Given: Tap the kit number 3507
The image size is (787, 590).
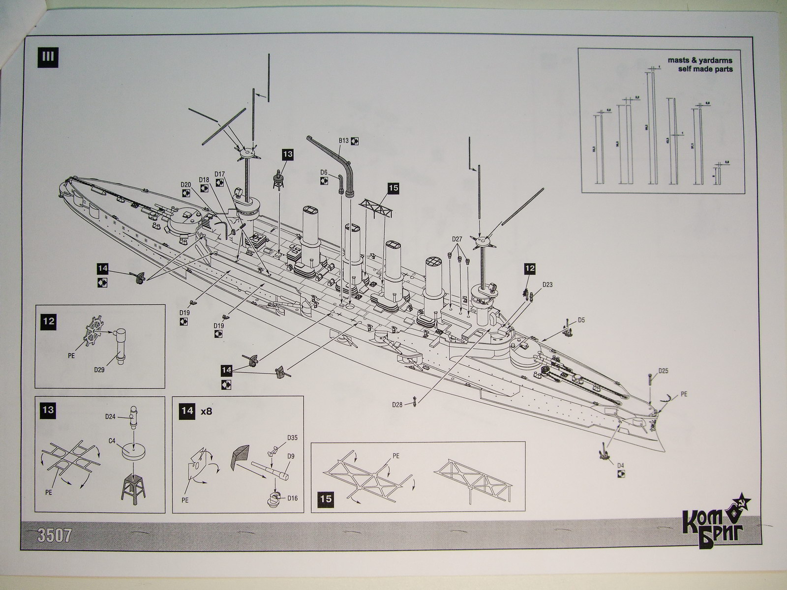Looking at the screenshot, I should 55,534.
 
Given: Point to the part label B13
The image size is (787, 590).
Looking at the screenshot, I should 343,141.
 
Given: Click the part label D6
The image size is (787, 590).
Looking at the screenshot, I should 324,172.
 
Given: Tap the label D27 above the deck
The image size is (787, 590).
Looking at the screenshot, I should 457,239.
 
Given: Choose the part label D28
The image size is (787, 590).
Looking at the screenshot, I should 397,404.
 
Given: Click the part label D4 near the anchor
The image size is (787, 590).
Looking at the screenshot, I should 621,465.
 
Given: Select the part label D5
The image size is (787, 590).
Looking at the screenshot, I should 581,320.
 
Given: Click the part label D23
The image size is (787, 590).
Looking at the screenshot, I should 547,284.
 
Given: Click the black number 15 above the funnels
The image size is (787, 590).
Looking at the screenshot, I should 393,188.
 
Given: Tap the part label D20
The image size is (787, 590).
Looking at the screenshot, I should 185,184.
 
